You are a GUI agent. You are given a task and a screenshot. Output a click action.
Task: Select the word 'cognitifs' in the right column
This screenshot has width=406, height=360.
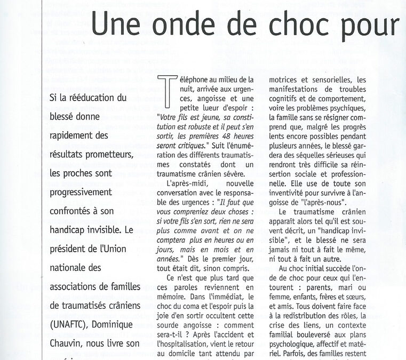[x=288, y=99]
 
